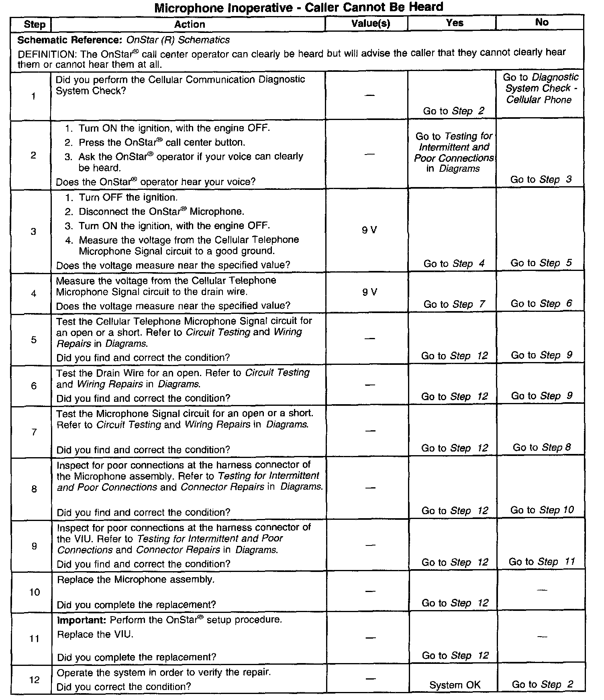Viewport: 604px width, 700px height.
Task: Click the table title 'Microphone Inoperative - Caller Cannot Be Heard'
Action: [299, 7]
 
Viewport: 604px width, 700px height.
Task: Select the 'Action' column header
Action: [189, 24]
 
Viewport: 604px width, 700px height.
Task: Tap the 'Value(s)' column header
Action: [370, 23]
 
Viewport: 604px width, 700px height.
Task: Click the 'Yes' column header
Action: [454, 23]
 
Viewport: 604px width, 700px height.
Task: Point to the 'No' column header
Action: [541, 22]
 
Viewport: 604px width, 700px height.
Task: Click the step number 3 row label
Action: [33, 231]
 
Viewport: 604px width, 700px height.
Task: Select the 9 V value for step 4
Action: [369, 292]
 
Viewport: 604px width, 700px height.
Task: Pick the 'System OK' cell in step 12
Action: [455, 685]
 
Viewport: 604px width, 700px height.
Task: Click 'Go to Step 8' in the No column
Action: [541, 447]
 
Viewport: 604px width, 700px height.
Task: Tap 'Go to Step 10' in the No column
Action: [542, 510]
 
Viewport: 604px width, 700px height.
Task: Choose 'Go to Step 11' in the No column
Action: [542, 562]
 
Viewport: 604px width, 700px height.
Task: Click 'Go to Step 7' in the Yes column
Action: [454, 304]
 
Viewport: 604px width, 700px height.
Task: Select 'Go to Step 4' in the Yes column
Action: [454, 263]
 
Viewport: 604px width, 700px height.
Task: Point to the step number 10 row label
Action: [35, 592]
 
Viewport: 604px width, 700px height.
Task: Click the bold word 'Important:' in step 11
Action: [82, 620]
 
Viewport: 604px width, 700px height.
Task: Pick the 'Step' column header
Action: [35, 24]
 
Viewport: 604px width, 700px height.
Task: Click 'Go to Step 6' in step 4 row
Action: [541, 303]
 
